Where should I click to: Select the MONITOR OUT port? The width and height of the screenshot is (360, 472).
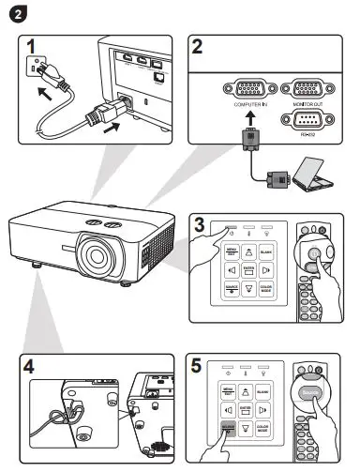(x=309, y=92)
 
